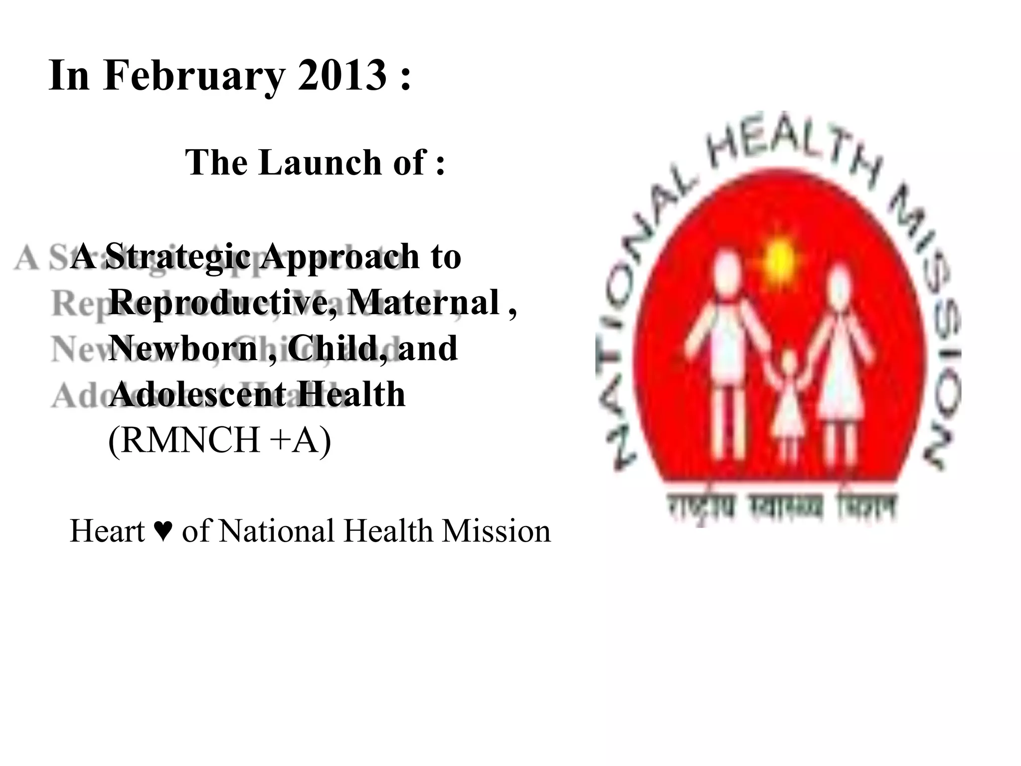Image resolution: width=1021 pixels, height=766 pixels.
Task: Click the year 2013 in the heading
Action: pyautogui.click(x=342, y=75)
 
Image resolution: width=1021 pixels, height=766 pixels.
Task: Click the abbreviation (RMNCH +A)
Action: pyautogui.click(x=219, y=440)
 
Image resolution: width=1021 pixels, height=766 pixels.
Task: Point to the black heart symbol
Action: pyautogui.click(x=164, y=531)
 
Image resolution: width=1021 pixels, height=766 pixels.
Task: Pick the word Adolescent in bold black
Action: pyautogui.click(x=197, y=394)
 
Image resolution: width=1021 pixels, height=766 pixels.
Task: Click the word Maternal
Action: pyautogui.click(x=424, y=302)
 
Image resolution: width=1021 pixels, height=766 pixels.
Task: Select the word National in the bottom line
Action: pyautogui.click(x=277, y=531)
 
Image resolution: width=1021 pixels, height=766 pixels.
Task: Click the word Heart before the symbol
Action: pyautogui.click(x=107, y=531)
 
